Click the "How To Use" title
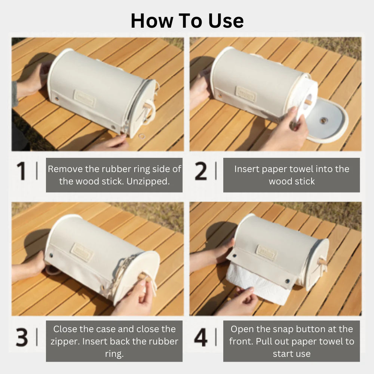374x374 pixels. (187, 21)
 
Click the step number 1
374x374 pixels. (22, 171)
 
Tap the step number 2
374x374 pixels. (201, 171)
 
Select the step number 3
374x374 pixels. (22, 337)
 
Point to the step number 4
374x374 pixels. (201, 337)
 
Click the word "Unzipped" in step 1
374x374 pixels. (149, 181)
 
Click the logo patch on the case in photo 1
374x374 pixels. (85, 98)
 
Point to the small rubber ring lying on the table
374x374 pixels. (142, 137)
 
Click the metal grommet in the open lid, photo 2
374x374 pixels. (324, 120)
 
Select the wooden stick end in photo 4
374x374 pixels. (322, 261)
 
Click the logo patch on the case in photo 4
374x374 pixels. (266, 253)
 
